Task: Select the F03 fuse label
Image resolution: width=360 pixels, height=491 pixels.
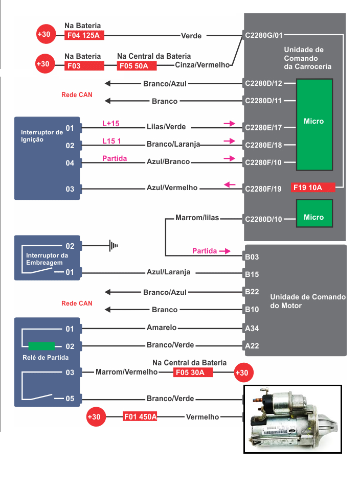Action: (x=84, y=66)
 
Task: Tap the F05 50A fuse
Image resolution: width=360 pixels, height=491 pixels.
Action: (x=137, y=66)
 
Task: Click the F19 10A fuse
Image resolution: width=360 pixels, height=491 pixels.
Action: (x=312, y=188)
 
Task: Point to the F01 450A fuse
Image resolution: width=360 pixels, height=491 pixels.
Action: (x=140, y=417)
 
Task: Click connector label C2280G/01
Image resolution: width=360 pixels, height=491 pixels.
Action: (x=263, y=35)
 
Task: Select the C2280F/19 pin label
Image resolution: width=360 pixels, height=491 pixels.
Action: (x=263, y=189)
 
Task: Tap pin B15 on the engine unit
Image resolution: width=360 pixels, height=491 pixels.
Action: (x=252, y=274)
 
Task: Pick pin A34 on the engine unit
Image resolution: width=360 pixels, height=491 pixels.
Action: (x=252, y=329)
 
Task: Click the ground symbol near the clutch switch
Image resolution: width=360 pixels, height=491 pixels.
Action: (x=114, y=246)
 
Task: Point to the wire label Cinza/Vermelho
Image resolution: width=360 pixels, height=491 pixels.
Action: (x=202, y=65)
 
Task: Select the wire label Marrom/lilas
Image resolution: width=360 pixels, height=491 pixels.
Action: (x=197, y=218)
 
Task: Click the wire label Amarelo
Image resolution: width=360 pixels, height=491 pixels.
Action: (x=162, y=328)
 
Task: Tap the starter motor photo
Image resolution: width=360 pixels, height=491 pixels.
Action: (x=292, y=419)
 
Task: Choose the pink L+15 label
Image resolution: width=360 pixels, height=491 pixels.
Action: (x=110, y=123)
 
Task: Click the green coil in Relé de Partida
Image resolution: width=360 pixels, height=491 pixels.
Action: (x=41, y=345)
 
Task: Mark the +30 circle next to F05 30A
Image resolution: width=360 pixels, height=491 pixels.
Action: (x=241, y=372)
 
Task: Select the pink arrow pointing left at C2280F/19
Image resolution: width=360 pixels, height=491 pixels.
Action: (x=230, y=184)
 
